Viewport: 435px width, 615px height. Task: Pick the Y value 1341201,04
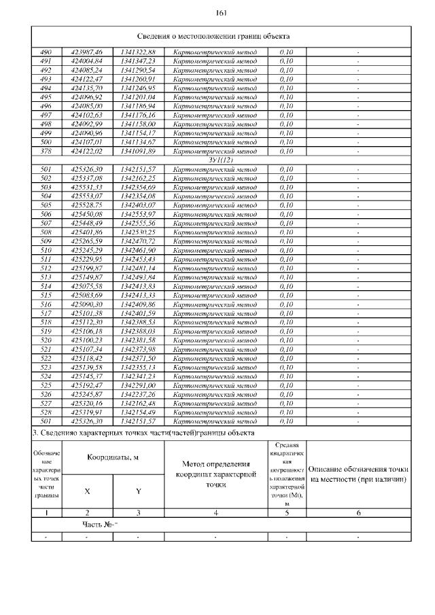138,96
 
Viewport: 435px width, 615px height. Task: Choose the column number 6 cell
358,512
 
